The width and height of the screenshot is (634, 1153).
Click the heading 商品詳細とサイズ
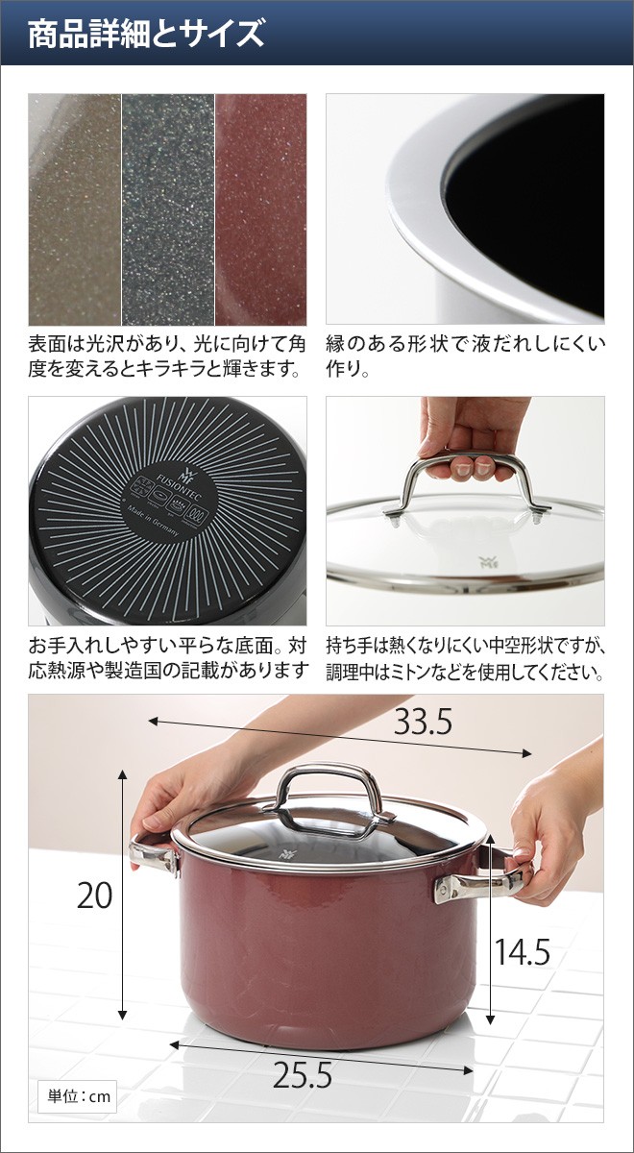(x=145, y=36)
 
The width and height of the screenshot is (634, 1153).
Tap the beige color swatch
(x=75, y=209)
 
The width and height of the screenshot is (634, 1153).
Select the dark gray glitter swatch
(x=168, y=209)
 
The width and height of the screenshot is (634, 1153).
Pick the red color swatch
(x=260, y=209)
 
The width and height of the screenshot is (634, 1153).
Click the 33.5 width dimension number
(x=422, y=723)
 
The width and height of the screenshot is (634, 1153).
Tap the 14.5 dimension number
(x=522, y=951)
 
